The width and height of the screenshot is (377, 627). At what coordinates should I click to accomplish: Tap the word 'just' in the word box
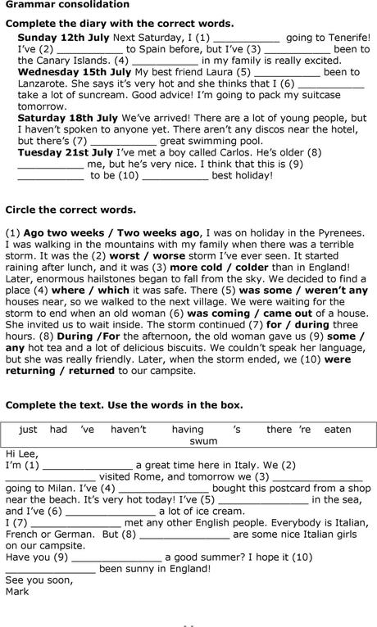click(29, 429)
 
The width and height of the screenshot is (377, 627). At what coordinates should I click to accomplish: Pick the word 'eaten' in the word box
click(338, 429)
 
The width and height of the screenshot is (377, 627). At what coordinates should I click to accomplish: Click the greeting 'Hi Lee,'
click(22, 453)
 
